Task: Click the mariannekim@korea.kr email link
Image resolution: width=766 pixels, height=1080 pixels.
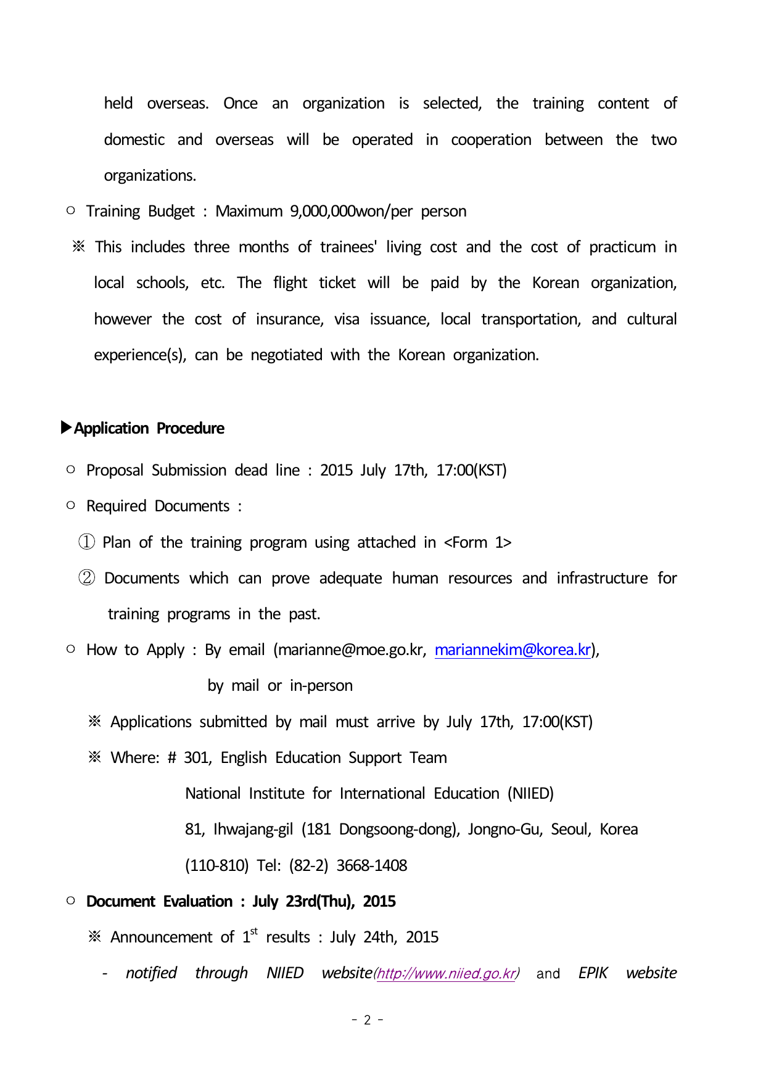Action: click(513, 650)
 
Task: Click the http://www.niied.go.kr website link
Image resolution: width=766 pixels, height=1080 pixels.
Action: click(446, 973)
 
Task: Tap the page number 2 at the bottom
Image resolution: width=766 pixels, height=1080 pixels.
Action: click(368, 1020)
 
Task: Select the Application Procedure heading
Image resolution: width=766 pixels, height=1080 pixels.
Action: click(149, 428)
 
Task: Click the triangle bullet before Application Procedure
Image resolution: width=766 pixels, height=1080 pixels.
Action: click(67, 427)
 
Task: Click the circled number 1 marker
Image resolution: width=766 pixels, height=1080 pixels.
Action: click(86, 542)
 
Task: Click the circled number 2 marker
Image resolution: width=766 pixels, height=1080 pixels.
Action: click(86, 578)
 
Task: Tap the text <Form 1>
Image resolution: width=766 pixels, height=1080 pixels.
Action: click(477, 542)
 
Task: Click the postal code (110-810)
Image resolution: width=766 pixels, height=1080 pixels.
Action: click(216, 865)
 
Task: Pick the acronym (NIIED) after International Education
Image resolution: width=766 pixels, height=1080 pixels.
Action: click(530, 793)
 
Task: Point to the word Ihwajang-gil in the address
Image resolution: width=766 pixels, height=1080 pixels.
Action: click(253, 830)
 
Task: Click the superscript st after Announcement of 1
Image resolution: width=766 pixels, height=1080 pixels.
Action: click(254, 931)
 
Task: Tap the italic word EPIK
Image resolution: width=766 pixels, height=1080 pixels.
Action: click(593, 973)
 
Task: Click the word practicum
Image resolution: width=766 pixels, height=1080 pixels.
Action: click(622, 247)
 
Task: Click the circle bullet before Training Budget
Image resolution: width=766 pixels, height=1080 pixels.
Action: click(71, 211)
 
